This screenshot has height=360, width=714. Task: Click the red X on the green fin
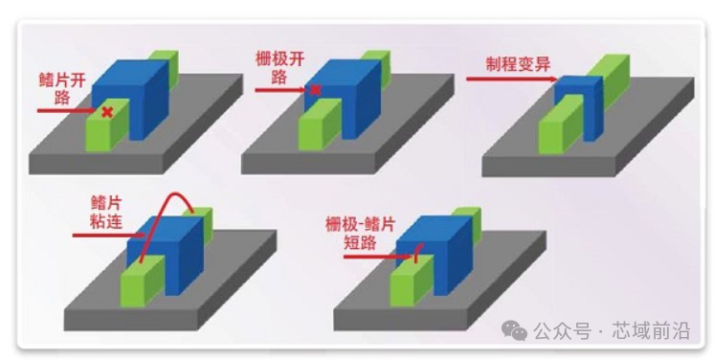tap(107, 112)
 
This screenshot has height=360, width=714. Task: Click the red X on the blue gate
tap(316, 90)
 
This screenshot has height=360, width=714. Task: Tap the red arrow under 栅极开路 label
tap(282, 89)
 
